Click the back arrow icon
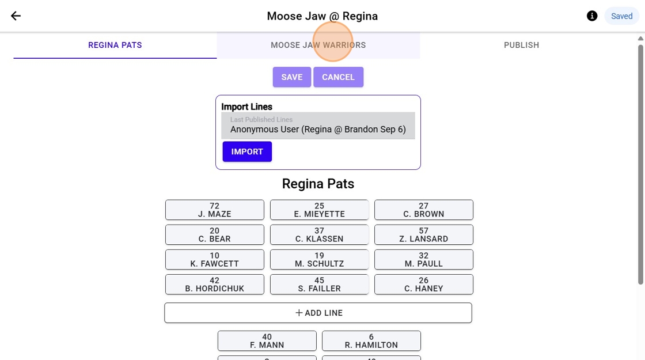tap(16, 16)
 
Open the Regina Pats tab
tap(115, 45)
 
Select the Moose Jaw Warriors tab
tap(318, 45)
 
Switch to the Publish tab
tap(521, 45)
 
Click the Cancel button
tap(338, 77)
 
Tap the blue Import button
tap(247, 151)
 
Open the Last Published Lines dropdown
tap(318, 126)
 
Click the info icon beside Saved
tap(592, 16)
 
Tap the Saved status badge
tap(621, 16)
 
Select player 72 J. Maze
tap(215, 210)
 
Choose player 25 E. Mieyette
tap(319, 210)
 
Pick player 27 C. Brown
tap(424, 210)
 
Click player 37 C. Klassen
tap(319, 234)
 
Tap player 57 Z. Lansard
tap(424, 234)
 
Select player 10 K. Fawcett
tap(215, 259)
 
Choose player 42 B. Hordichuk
tap(215, 284)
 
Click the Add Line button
tap(318, 313)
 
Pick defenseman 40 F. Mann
tap(267, 340)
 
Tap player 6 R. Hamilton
tap(371, 340)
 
